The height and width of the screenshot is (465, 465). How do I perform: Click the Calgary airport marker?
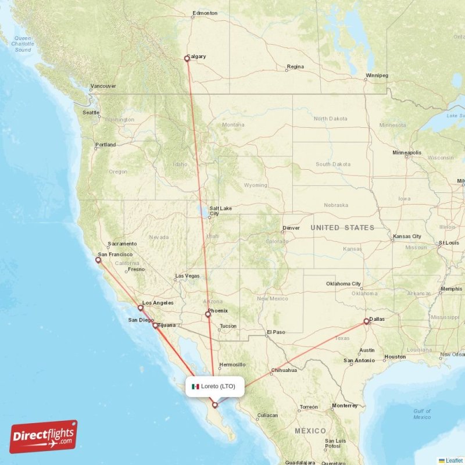point(187,58)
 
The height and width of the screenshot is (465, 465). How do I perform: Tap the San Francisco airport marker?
point(98,260)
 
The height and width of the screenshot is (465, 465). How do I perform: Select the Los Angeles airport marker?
point(140,308)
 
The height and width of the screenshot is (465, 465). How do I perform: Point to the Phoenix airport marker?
point(208,315)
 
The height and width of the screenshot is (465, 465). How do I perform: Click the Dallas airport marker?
point(366,320)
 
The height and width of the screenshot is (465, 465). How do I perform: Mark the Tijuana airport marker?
point(155,325)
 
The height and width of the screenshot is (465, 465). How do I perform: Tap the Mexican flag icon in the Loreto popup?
point(196,387)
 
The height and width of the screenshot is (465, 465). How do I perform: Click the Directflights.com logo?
point(44,437)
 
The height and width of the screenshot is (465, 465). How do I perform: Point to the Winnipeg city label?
point(377,76)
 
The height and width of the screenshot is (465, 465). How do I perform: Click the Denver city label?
point(291,228)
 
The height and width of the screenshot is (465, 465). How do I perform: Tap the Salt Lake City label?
point(220,210)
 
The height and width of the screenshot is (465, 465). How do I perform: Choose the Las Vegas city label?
point(187,276)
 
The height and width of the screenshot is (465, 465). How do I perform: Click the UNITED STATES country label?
point(342,228)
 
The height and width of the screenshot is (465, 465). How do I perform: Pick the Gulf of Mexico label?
point(422,414)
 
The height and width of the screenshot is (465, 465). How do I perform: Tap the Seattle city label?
point(91,113)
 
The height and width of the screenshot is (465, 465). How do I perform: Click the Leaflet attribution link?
point(453,460)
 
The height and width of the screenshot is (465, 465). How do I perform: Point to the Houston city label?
point(395,357)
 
